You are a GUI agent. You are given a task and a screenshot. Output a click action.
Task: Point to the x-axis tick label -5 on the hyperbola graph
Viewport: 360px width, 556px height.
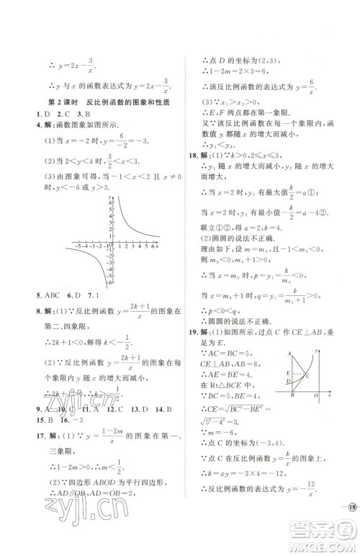point(74,246)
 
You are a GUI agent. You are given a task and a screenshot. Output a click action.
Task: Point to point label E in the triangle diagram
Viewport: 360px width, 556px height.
point(287,373)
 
